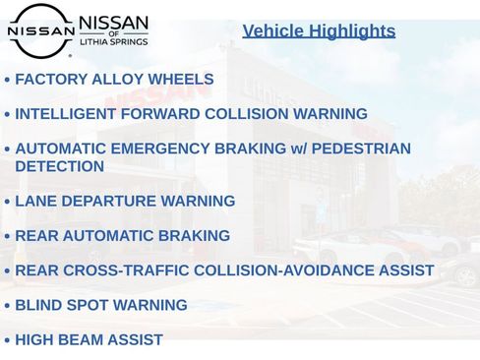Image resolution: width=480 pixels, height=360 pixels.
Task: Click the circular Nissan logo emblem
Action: click(x=40, y=30)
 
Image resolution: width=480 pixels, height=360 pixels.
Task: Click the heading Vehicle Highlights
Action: click(x=319, y=31)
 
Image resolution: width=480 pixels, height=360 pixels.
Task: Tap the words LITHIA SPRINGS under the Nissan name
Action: click(x=113, y=43)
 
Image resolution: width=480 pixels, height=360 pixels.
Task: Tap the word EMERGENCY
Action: click(x=158, y=149)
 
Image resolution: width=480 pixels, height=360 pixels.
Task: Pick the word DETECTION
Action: click(x=60, y=166)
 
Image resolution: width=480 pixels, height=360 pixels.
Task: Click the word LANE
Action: click(x=35, y=202)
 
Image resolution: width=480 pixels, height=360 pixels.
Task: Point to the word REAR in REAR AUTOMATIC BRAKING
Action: click(x=35, y=236)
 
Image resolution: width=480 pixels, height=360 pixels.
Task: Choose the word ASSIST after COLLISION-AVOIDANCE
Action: click(x=408, y=270)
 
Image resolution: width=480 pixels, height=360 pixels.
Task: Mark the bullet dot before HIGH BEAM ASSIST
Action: click(x=7, y=340)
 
